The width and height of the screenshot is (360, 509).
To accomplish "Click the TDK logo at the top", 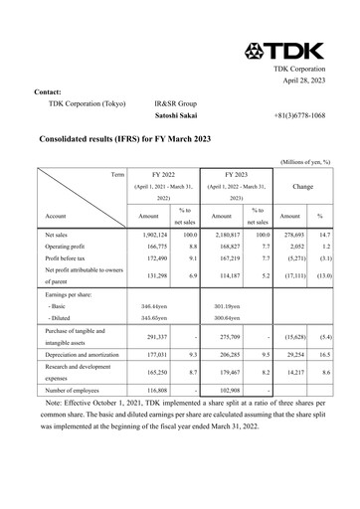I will [305, 51].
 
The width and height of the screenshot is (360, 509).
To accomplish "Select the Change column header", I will [301, 186].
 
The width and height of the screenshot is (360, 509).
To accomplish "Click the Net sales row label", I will [59, 234].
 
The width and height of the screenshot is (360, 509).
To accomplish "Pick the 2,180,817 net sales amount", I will [227, 234].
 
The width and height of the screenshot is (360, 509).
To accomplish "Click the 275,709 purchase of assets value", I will [227, 339].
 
